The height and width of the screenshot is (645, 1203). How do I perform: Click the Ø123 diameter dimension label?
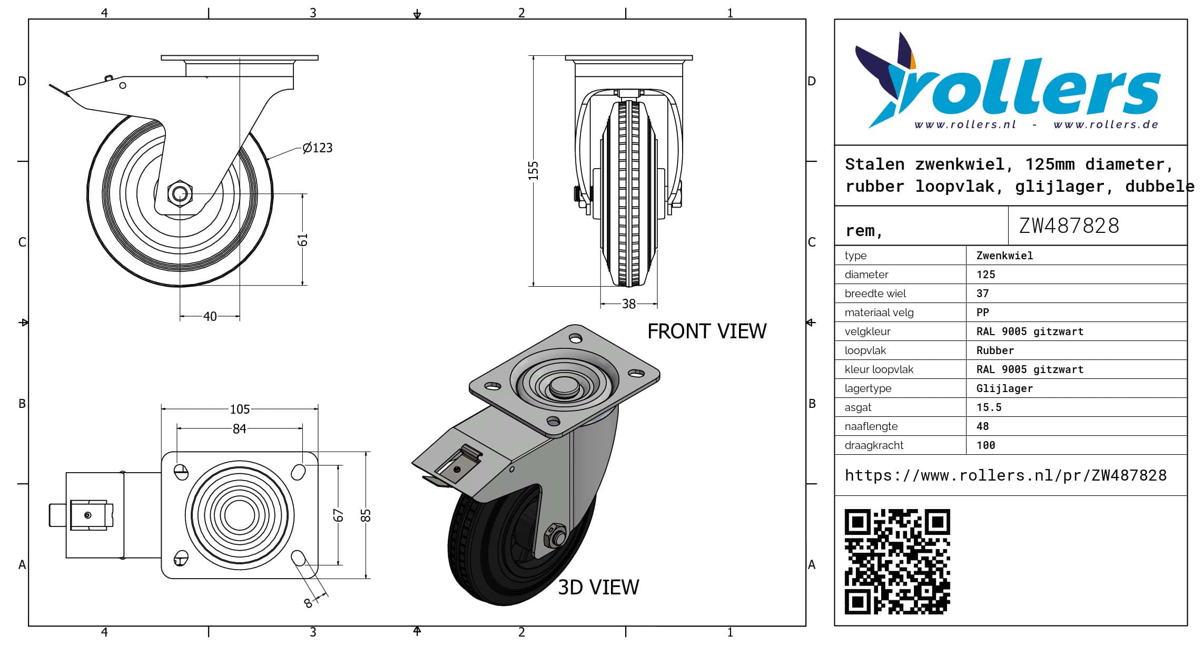pyautogui.click(x=318, y=148)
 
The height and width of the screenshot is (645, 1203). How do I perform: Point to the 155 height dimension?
pyautogui.click(x=534, y=171)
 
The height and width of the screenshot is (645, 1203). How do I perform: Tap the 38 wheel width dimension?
pyautogui.click(x=629, y=304)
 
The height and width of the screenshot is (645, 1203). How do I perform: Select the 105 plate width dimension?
pyautogui.click(x=240, y=409)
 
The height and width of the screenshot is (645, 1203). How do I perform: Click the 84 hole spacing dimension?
pyautogui.click(x=240, y=428)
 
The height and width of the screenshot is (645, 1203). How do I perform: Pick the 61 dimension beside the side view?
pyautogui.click(x=303, y=240)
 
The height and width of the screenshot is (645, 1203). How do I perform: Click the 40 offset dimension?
pyautogui.click(x=210, y=316)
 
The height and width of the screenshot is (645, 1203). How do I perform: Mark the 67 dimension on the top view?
pyautogui.click(x=338, y=515)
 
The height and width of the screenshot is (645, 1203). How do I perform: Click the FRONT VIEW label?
pyautogui.click(x=707, y=331)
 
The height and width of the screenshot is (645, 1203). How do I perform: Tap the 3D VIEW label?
pyautogui.click(x=598, y=587)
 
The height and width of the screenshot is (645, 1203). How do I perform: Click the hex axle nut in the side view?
pyautogui.click(x=180, y=193)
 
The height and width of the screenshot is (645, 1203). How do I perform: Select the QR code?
pyautogui.click(x=898, y=561)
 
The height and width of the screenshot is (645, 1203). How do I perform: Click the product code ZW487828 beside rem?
pyautogui.click(x=1069, y=226)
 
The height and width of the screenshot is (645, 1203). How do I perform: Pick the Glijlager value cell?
pyautogui.click(x=1004, y=388)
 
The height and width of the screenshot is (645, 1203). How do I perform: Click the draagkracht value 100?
pyautogui.click(x=985, y=445)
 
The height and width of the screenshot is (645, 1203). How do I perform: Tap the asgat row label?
pyautogui.click(x=857, y=407)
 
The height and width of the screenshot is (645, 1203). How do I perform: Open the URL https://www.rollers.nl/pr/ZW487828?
pyautogui.click(x=1005, y=475)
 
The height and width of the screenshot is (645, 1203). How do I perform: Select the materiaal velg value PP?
pyautogui.click(x=982, y=312)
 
